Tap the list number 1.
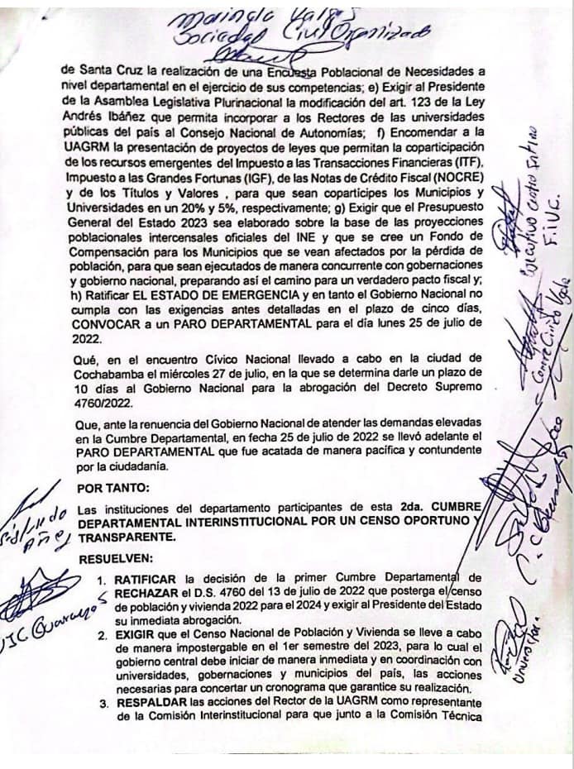coord(102,576)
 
